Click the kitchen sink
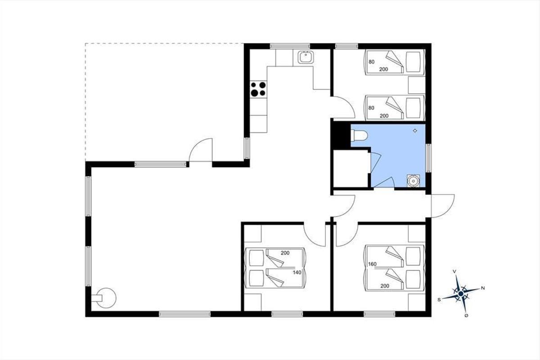(306, 58)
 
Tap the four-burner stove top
(258, 89)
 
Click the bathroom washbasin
(414, 181)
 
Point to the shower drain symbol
(415, 130)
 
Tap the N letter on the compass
(483, 288)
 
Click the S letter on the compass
(439, 300)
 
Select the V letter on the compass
(454, 271)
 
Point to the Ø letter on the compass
(466, 315)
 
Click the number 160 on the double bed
(372, 264)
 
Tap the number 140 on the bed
(297, 272)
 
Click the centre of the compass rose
(461, 294)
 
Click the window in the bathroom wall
(428, 158)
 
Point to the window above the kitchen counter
(290, 46)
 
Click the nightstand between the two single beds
(417, 85)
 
